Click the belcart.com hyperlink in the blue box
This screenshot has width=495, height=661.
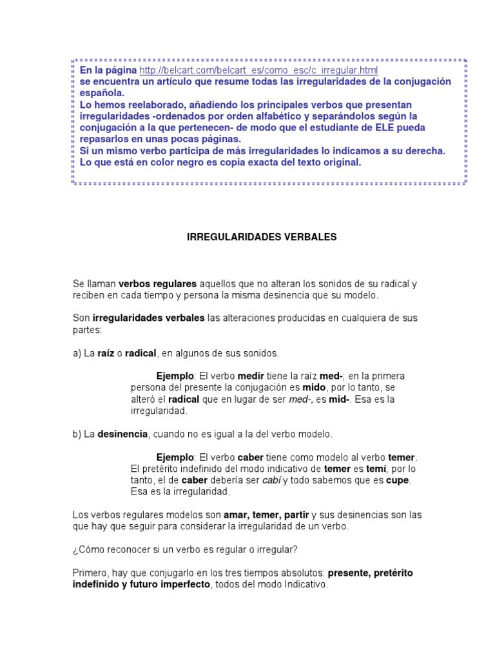[x=258, y=70]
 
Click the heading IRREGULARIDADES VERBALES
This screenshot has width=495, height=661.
[x=262, y=237]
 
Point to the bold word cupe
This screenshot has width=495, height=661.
[x=398, y=480]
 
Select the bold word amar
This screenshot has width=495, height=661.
[x=235, y=515]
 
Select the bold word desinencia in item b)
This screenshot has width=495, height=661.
[x=122, y=434]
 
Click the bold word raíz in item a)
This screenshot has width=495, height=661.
[x=106, y=353]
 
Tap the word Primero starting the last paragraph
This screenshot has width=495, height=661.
[x=92, y=573]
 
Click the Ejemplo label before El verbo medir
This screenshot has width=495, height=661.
[x=175, y=376]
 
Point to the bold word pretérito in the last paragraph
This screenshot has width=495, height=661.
[x=392, y=573]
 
